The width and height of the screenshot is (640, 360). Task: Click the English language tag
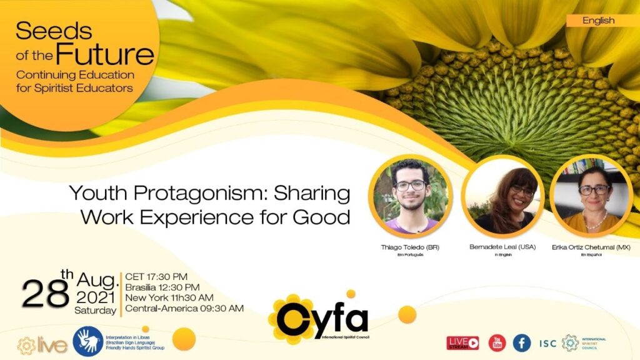click(x=598, y=21)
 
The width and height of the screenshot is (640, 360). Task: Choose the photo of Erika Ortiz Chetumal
click(x=592, y=196)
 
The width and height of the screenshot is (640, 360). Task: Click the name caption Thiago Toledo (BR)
click(x=410, y=247)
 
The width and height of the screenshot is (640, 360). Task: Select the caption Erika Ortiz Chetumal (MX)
click(x=591, y=247)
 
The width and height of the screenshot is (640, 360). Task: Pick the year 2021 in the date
click(x=96, y=297)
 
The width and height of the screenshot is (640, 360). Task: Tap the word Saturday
click(x=95, y=310)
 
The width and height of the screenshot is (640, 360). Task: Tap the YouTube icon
click(x=497, y=342)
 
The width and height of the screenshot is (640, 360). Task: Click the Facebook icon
click(x=522, y=342)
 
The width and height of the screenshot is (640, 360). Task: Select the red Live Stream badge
click(x=462, y=342)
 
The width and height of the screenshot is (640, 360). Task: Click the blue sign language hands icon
click(x=87, y=341)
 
